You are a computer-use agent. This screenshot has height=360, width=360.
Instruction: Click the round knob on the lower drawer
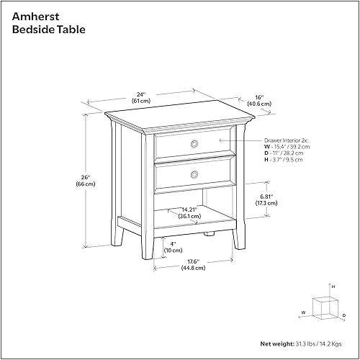pos(194,175)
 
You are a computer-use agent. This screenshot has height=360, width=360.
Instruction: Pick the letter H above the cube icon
pos(333,287)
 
